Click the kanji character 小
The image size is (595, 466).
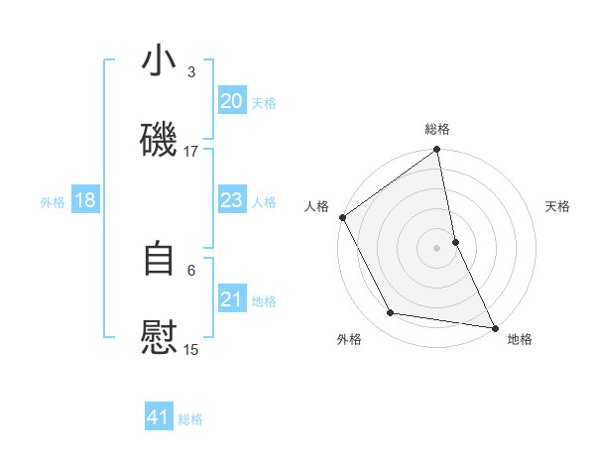click(159, 61)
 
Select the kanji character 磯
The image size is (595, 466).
click(159, 140)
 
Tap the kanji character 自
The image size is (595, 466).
click(159, 259)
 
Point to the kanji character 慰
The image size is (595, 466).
click(159, 337)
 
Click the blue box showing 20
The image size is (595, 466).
click(231, 101)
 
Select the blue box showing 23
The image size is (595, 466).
click(231, 201)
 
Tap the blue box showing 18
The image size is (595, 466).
click(85, 201)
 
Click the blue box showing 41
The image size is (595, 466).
click(159, 418)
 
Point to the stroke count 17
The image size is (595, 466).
click(191, 152)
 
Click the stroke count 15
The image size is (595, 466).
click(191, 349)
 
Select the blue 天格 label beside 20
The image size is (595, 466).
click(264, 103)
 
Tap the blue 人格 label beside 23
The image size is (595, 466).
click(264, 202)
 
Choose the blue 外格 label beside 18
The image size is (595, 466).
click(53, 202)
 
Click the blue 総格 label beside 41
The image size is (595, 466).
click(190, 419)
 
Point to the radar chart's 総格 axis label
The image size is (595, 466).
click(437, 129)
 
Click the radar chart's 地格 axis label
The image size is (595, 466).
click(520, 340)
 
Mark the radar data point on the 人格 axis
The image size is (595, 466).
click(343, 217)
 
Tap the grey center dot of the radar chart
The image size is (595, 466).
click(437, 248)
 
